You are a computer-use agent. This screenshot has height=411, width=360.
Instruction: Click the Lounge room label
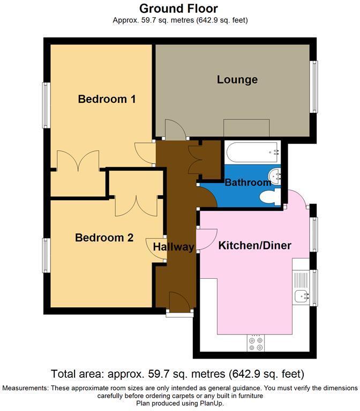pos(237,80)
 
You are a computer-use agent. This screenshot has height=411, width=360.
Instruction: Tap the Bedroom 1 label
pos(107,99)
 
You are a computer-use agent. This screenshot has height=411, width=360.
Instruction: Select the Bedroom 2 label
pos(104,238)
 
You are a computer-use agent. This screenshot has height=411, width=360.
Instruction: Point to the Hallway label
pos(173,247)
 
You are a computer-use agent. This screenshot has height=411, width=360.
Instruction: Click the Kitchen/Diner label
pos(254,246)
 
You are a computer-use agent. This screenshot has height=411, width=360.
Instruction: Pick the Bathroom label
pos(247,182)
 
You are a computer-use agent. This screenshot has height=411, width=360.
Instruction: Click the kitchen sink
pos(300,294)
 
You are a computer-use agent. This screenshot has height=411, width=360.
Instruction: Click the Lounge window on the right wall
pos(316,87)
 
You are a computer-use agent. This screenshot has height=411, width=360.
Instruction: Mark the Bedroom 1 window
pos(46,105)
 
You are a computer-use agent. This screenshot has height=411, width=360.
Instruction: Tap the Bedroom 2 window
pos(46,256)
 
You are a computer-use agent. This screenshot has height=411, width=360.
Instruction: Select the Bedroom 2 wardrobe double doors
pos(136,203)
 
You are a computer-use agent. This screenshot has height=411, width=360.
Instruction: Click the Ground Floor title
pos(179,9)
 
